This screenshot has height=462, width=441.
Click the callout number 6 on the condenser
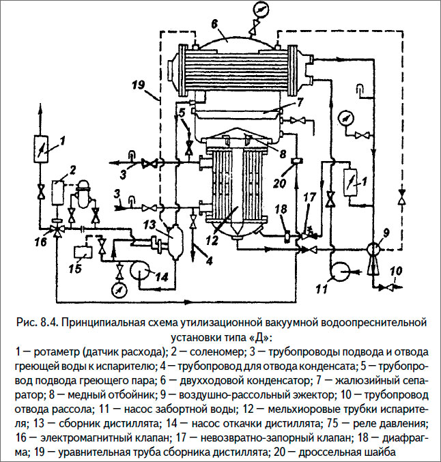coord(214,24)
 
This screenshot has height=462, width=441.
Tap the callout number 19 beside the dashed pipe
coord(138,85)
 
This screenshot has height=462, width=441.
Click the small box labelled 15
coord(81,252)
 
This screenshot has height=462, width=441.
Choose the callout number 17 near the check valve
coord(310,198)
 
